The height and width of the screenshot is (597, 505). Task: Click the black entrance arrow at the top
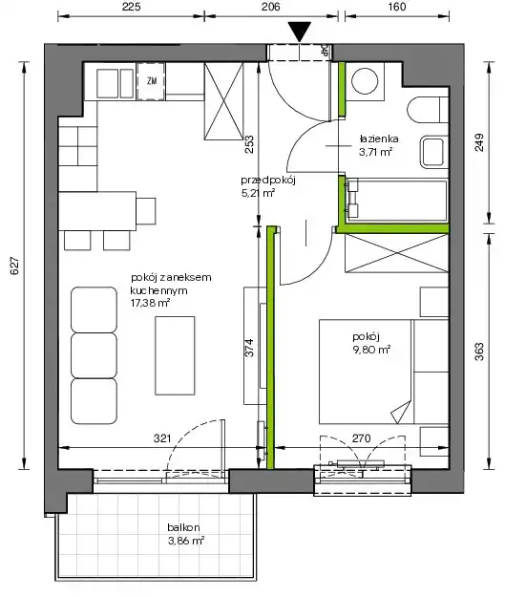[x=300, y=32]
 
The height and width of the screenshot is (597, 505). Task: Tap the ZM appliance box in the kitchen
[x=151, y=81]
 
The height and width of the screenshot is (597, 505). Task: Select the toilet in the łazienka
[x=428, y=110]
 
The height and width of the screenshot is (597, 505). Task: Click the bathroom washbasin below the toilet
[x=432, y=152]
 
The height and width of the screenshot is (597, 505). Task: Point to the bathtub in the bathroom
[x=397, y=201]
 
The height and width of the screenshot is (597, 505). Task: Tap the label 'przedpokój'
[x=268, y=181]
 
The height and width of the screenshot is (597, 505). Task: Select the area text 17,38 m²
[x=150, y=303]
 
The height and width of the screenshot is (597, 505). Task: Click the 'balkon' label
[x=183, y=527]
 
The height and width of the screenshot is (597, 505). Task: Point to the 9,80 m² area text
[x=371, y=350]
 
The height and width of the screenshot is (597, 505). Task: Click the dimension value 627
[x=14, y=266]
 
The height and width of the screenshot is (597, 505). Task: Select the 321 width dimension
[x=162, y=438]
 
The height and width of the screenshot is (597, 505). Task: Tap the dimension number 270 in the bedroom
[x=361, y=438]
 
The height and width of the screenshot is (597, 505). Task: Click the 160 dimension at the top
[x=397, y=7]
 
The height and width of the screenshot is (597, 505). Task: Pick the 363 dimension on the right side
[x=480, y=352]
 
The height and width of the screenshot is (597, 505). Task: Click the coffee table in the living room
[x=175, y=355]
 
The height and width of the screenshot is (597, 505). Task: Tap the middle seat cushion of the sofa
[x=94, y=355]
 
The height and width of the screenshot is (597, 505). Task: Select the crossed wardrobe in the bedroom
[x=397, y=253]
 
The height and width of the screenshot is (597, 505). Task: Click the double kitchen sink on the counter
[x=115, y=83]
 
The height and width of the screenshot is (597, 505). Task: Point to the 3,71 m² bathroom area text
[x=375, y=152]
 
